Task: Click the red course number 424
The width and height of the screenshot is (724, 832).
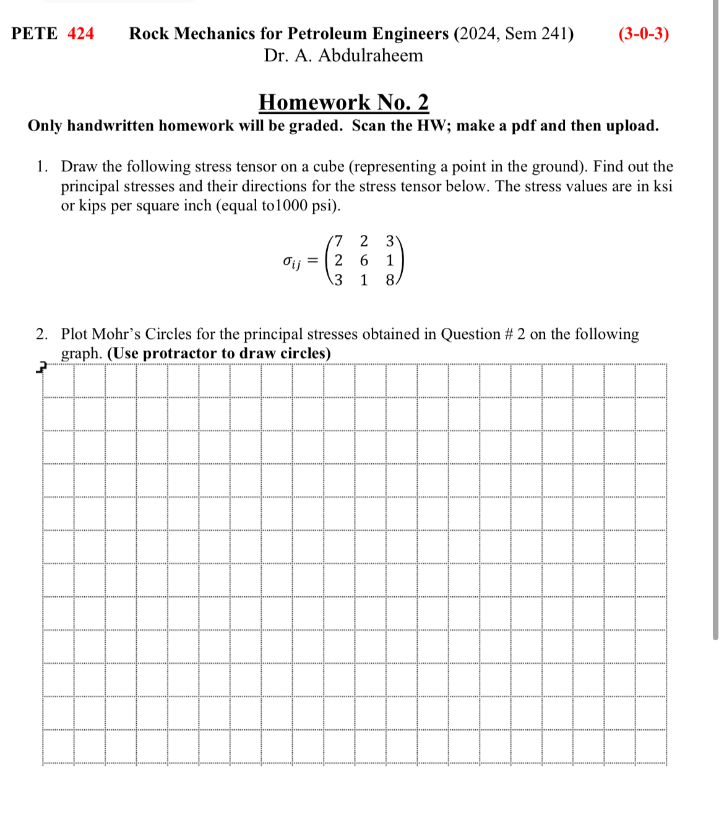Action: (x=80, y=33)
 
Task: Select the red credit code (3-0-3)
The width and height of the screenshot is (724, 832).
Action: (x=644, y=33)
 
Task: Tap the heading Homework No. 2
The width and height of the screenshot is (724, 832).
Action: (x=343, y=102)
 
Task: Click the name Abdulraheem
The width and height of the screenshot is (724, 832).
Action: (x=371, y=56)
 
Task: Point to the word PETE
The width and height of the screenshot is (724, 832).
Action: (x=35, y=33)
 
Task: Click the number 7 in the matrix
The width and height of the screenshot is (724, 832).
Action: (x=338, y=241)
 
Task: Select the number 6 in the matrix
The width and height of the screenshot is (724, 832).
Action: (x=364, y=260)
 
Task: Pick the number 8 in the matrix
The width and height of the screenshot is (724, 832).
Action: (x=390, y=280)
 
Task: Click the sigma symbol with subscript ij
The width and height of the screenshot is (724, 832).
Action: (x=291, y=262)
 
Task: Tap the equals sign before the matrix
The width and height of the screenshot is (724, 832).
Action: (x=313, y=261)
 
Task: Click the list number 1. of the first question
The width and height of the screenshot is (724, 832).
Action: (x=42, y=166)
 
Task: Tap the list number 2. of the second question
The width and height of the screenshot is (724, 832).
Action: (x=42, y=334)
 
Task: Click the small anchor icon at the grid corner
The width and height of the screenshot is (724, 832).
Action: (x=41, y=368)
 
